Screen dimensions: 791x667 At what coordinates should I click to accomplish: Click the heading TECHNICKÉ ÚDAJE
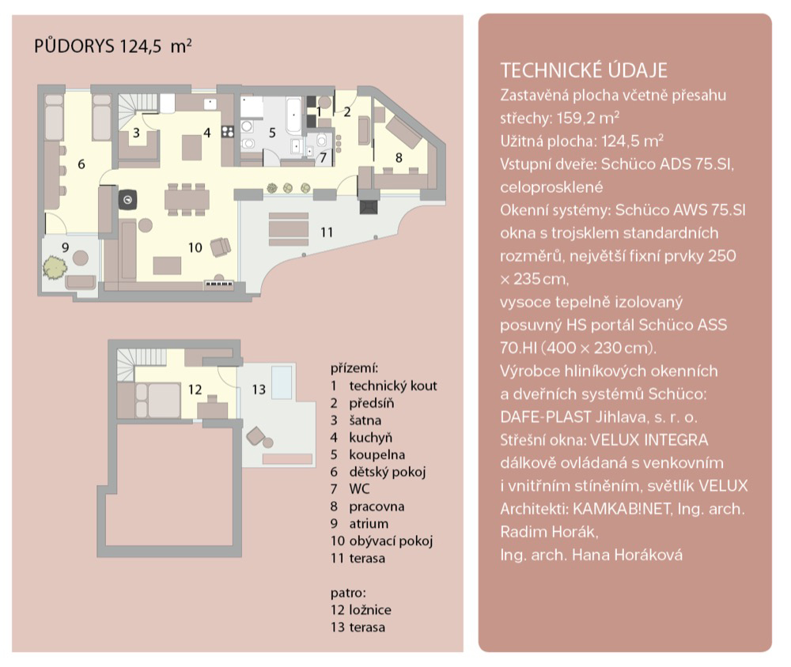tap(584, 70)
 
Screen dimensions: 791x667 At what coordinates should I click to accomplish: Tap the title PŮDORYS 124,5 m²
tap(113, 46)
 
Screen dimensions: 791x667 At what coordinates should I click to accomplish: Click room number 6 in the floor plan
tap(81, 164)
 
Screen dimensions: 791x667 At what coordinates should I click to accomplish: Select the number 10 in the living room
tap(195, 247)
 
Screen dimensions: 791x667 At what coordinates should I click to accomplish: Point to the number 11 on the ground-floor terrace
tap(327, 232)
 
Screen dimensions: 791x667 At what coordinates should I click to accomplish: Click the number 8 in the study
tap(399, 158)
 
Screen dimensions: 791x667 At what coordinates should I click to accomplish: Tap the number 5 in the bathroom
tap(272, 133)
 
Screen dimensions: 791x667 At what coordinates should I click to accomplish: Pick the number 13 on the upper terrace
tap(259, 389)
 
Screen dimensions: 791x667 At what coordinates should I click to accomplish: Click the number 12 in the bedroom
tap(195, 389)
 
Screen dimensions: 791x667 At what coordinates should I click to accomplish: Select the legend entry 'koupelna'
tap(377, 454)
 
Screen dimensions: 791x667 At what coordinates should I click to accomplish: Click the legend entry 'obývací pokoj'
tap(391, 541)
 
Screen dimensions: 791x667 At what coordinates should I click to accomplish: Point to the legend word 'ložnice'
tap(369, 610)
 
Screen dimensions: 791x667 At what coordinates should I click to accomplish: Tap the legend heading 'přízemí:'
tap(354, 368)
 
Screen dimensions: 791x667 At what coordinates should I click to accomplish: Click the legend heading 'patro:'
tap(348, 593)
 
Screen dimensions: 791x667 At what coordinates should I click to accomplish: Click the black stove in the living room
tap(127, 199)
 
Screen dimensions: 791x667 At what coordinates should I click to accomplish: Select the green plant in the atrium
tap(55, 268)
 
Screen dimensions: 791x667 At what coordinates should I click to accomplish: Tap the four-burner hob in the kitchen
tap(228, 132)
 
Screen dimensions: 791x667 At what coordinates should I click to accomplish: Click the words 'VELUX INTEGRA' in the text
tap(649, 440)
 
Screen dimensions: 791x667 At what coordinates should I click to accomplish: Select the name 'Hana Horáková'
tap(627, 555)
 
